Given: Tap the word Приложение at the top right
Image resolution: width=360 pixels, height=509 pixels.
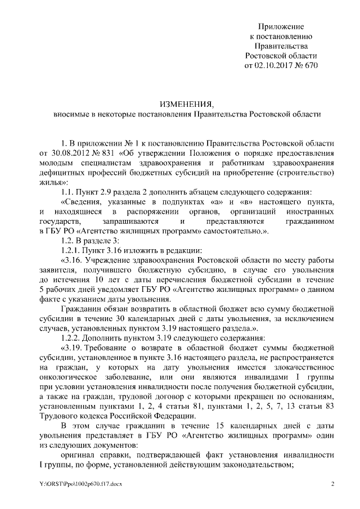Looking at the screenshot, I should pos(281,27).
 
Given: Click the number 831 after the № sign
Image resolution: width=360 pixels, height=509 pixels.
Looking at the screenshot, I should pos(106,152).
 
